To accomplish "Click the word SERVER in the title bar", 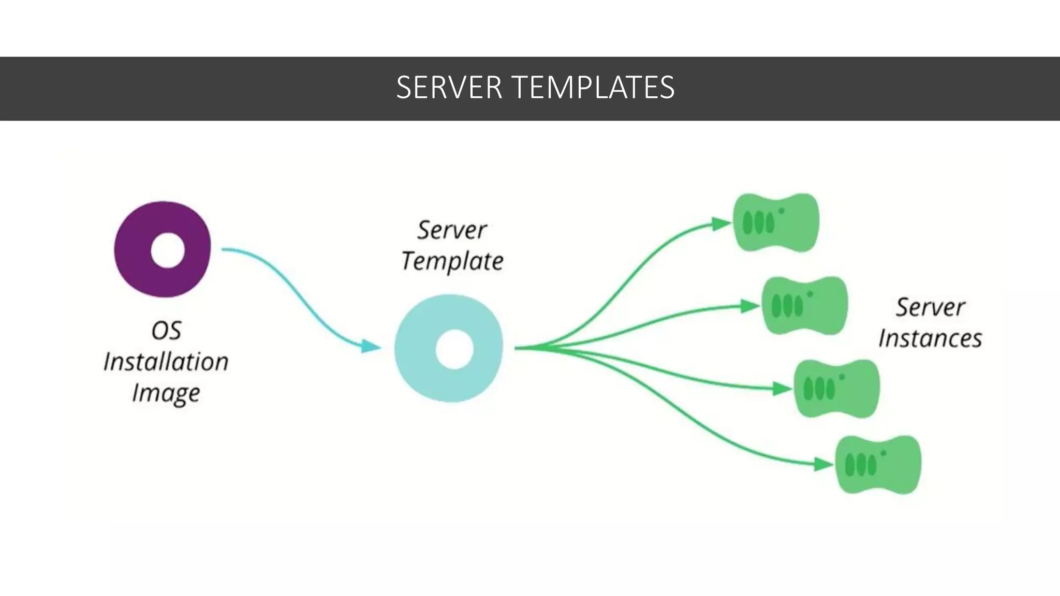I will [x=449, y=87].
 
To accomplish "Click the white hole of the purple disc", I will [x=168, y=250].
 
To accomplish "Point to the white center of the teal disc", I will [x=454, y=349].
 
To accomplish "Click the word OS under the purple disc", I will [x=166, y=331].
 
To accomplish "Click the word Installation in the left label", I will [x=166, y=362].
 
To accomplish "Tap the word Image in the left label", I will [x=166, y=393].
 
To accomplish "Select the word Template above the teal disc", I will [x=452, y=261].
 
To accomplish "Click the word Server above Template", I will [x=452, y=230].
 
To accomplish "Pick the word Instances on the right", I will [x=930, y=339].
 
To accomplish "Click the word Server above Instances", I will [x=930, y=307].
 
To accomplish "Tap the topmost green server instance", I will [x=776, y=223].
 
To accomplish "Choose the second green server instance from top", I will [x=805, y=306].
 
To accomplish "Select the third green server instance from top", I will [x=836, y=389].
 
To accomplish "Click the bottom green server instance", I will [x=878, y=465].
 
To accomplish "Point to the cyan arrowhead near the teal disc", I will [x=371, y=346].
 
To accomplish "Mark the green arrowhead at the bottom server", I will [x=823, y=464].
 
